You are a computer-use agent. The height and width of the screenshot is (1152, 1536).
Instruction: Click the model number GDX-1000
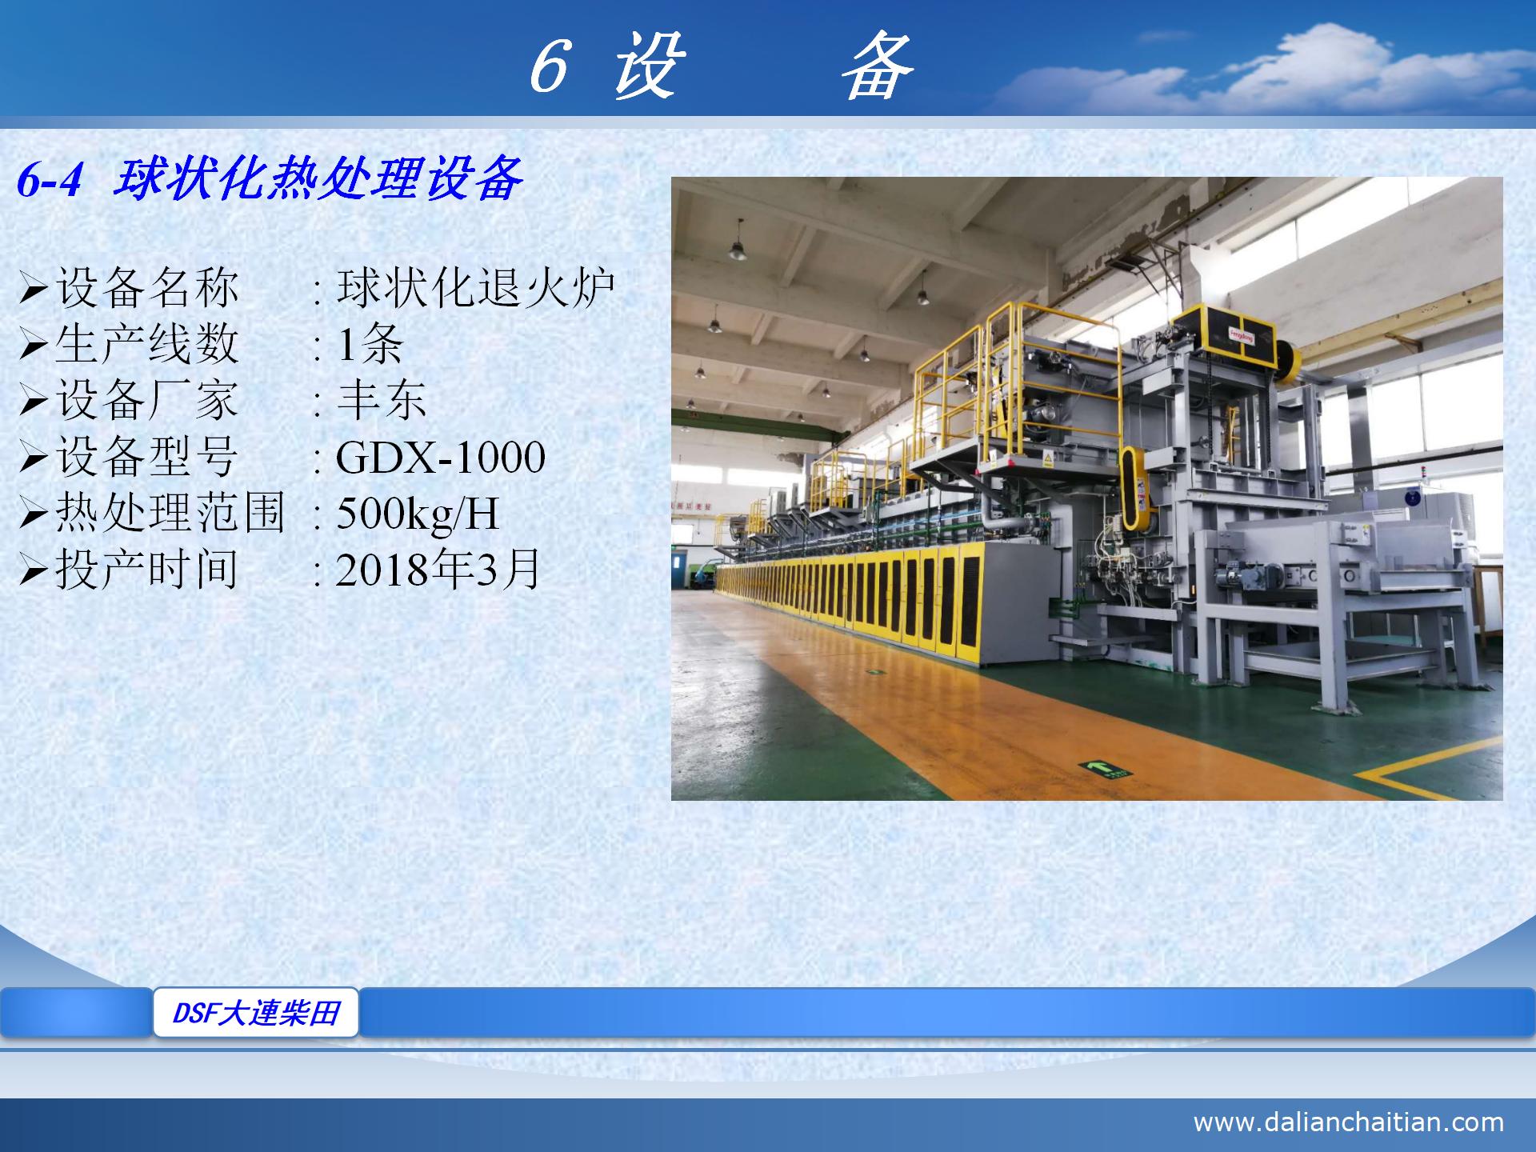click(x=440, y=458)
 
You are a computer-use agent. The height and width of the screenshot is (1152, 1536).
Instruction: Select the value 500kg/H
click(x=418, y=514)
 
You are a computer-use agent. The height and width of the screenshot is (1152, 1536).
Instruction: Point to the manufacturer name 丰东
click(x=382, y=400)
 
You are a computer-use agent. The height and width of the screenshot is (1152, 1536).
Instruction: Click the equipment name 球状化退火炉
click(x=475, y=287)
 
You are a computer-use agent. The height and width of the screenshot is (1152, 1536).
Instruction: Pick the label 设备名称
click(x=147, y=287)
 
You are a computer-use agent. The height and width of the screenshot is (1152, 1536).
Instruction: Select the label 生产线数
click(x=147, y=344)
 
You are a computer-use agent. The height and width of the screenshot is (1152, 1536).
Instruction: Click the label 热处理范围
click(x=170, y=514)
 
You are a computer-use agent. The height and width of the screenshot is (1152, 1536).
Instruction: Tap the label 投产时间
click(x=147, y=570)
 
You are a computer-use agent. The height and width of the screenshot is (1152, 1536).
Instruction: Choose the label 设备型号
click(x=147, y=458)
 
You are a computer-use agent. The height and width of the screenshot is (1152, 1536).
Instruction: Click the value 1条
click(x=370, y=344)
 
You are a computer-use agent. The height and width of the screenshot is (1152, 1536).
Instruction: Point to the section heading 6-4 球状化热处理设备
click(x=270, y=178)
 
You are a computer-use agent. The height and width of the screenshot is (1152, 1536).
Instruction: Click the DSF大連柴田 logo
click(x=256, y=1013)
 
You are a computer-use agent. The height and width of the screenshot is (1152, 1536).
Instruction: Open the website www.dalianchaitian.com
click(x=1348, y=1122)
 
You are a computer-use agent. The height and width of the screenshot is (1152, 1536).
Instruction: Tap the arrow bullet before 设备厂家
click(x=34, y=401)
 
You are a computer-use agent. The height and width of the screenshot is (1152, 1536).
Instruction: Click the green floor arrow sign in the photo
click(x=1106, y=770)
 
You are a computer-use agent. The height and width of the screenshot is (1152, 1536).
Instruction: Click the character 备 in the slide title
click(x=878, y=67)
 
